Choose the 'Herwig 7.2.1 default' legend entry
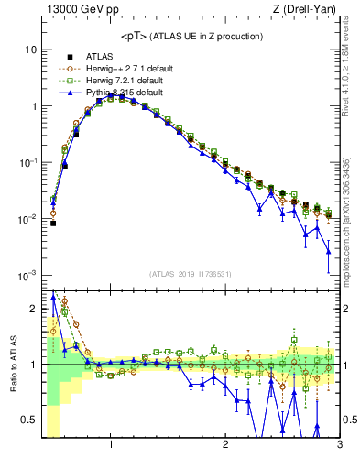[121, 80]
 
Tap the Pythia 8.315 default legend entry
[120, 93]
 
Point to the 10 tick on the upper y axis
[30, 49]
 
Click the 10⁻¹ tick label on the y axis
[27, 162]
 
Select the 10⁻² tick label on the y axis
[27, 219]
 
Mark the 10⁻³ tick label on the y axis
[27, 276]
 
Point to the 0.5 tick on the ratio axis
[27, 420]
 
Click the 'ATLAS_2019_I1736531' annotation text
[191, 274]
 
